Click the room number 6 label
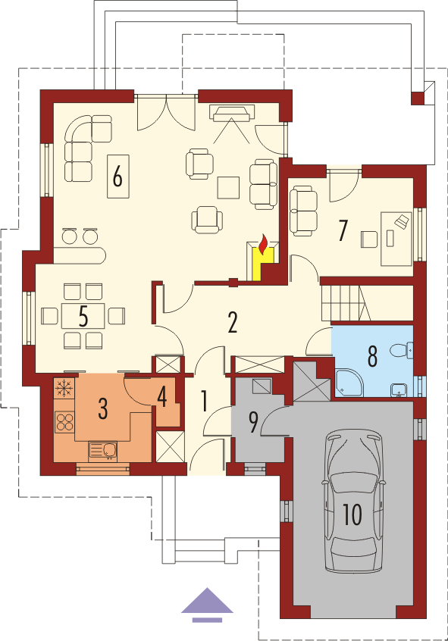(117, 177)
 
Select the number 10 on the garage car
(352, 514)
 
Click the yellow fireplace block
(263, 264)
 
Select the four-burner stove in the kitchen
(64, 422)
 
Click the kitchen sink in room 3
(102, 452)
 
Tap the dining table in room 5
(83, 316)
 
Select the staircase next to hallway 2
(346, 303)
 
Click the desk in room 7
(396, 239)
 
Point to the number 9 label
(253, 423)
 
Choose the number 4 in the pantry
(162, 396)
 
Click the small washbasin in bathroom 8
(398, 390)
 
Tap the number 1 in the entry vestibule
(204, 401)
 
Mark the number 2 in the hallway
(233, 323)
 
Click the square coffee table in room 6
(228, 188)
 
